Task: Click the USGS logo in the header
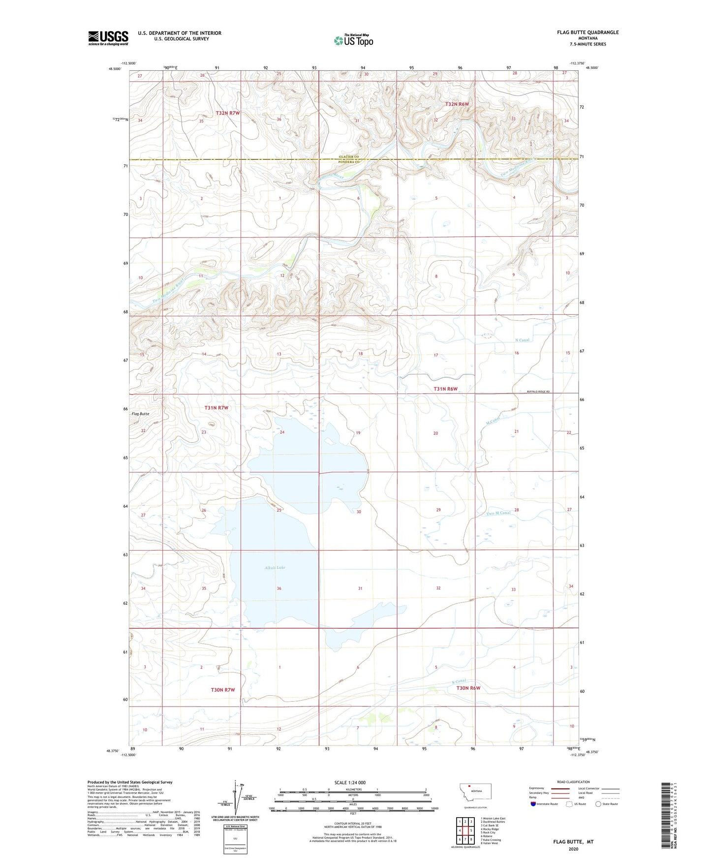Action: [108, 38]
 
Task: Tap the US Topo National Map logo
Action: [353, 40]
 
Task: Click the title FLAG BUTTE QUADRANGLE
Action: [587, 32]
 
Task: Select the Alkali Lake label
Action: [275, 567]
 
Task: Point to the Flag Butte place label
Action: [140, 414]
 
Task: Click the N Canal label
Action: [522, 340]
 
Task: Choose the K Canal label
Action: [459, 681]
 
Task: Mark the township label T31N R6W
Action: [445, 389]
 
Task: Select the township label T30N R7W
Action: [223, 690]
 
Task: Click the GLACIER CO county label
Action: [349, 156]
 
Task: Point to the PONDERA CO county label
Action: [349, 162]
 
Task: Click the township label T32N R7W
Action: [227, 113]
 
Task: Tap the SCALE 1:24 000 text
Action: [349, 782]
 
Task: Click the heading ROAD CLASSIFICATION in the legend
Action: [573, 782]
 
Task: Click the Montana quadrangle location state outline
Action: [475, 791]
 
